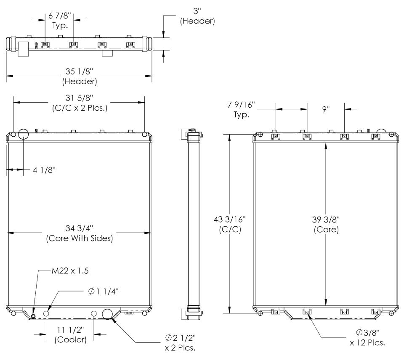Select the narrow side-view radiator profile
[x=192, y=223]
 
